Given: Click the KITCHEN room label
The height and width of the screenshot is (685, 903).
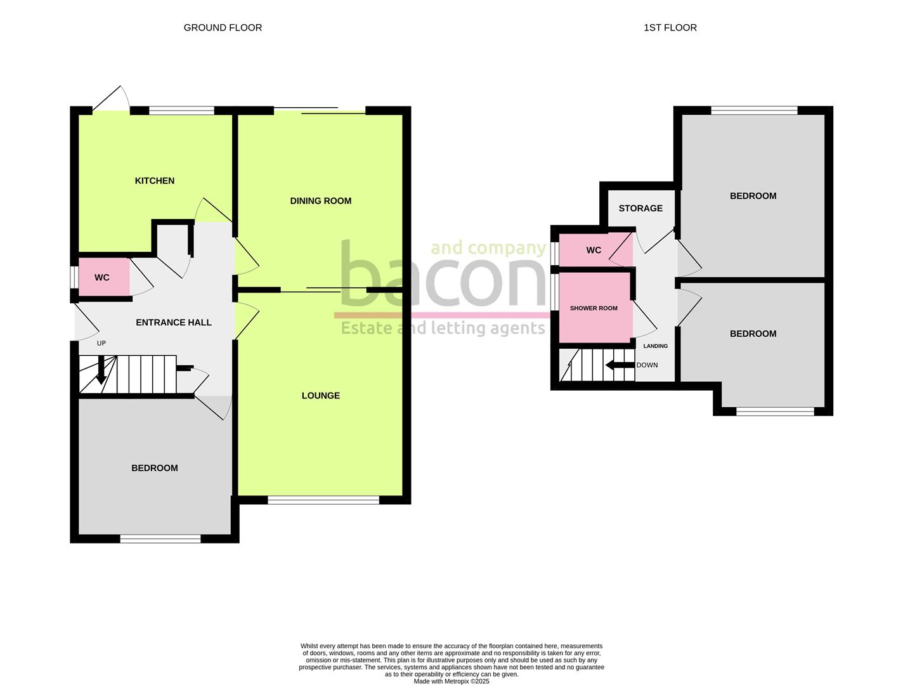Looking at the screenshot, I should click(154, 181).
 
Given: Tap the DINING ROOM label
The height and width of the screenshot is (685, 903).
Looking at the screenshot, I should click(320, 201).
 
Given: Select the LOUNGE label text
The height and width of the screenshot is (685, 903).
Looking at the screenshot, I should click(320, 396).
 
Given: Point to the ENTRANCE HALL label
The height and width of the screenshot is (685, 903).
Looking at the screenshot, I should click(173, 322).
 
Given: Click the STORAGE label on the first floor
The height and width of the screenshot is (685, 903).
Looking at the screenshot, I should click(640, 208).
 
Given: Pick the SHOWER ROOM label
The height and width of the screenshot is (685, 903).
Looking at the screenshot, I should click(594, 308).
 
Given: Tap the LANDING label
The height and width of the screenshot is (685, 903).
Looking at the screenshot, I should click(655, 346).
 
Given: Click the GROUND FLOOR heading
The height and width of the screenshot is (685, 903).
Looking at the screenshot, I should click(223, 27).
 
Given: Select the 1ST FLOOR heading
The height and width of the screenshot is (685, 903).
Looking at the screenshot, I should click(670, 27).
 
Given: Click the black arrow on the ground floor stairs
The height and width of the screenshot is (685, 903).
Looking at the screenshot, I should click(100, 371).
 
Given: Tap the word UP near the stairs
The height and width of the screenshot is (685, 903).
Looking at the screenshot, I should click(101, 343).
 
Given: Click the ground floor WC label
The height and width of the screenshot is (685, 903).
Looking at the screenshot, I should click(102, 278).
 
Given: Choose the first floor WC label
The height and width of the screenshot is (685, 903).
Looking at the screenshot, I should click(594, 251).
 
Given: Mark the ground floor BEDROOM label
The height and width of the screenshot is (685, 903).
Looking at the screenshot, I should click(154, 468).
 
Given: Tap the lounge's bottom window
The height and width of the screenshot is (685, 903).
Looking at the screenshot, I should click(323, 500).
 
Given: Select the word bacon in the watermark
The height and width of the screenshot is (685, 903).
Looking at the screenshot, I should click(443, 276).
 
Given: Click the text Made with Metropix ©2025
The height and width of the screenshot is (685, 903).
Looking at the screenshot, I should click(451, 681).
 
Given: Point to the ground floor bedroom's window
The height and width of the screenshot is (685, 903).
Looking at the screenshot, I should click(160, 539).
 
